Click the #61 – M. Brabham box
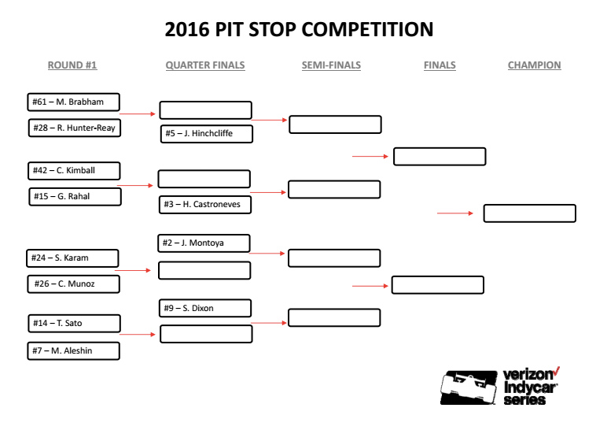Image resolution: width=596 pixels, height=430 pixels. (x=73, y=102)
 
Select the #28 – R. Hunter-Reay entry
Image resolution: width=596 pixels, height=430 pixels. (x=75, y=128)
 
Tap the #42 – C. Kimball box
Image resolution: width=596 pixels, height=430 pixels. (x=74, y=171)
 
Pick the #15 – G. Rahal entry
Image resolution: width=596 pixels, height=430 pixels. (x=75, y=197)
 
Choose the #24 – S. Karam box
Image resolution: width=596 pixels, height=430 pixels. (x=72, y=258)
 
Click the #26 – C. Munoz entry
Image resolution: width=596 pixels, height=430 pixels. (x=74, y=284)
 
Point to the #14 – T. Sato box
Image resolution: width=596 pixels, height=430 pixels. (x=75, y=324)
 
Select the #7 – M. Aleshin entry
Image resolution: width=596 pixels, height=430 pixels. (x=74, y=350)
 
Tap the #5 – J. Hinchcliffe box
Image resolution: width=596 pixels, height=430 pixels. (x=207, y=134)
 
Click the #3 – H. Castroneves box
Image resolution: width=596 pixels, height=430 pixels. (x=205, y=205)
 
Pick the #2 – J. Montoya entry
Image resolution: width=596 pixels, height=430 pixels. (x=204, y=243)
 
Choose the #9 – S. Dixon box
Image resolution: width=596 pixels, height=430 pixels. (x=205, y=308)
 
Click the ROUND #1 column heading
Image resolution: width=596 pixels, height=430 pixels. (x=72, y=65)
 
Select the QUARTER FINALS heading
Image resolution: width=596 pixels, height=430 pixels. (x=205, y=65)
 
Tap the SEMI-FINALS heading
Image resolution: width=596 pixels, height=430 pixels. (x=332, y=65)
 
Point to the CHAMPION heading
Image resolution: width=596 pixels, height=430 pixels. (x=535, y=65)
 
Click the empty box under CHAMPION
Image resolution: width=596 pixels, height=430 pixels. (x=530, y=213)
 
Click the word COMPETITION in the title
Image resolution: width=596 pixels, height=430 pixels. (x=367, y=29)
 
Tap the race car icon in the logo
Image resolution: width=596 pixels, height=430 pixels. (x=469, y=387)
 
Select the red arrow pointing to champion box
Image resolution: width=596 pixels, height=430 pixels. (x=455, y=213)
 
